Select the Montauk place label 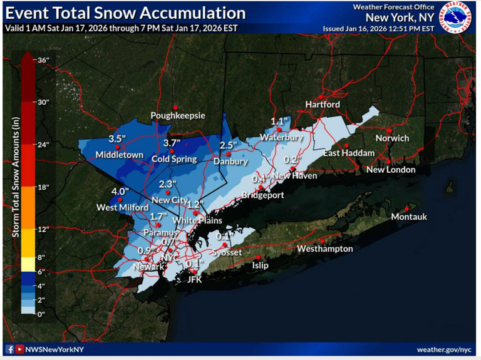[408, 217]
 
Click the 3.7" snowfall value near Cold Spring [172, 143]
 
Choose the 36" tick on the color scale [43, 60]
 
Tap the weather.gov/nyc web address [445, 349]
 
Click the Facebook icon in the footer [9, 349]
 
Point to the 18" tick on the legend [43, 187]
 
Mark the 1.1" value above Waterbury [279, 121]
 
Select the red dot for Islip [259, 257]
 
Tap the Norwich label [392, 138]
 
